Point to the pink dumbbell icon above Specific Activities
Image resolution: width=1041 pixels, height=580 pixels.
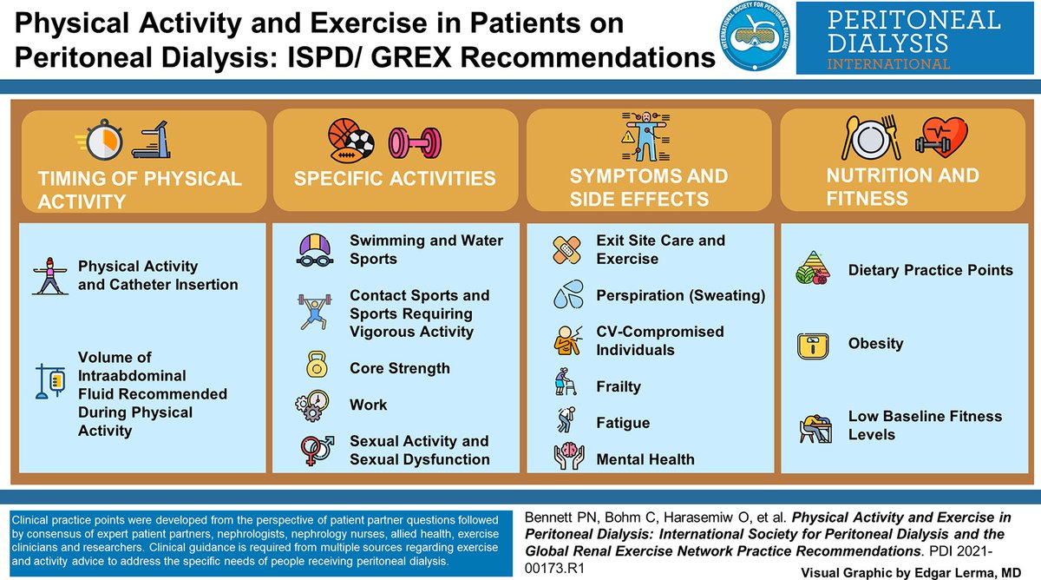pos(409,140)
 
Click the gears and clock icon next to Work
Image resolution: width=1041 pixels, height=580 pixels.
pos(314,404)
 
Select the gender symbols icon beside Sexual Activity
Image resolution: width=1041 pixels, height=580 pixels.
pos(314,448)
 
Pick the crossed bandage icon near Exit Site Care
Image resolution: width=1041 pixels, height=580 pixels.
pos(569,249)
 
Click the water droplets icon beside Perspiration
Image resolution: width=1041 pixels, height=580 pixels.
pos(570,296)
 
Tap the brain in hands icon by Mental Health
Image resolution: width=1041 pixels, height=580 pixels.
pos(569,458)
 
